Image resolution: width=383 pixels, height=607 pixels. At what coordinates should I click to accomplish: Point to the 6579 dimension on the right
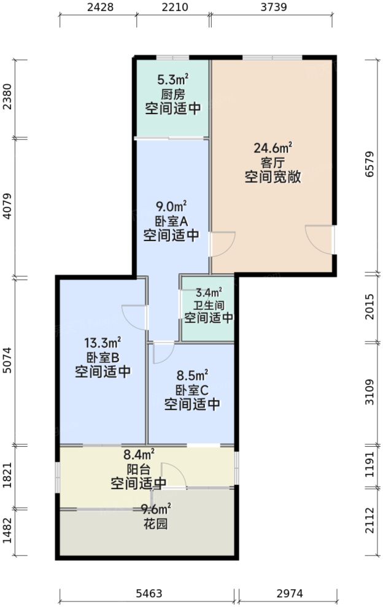click(369, 166)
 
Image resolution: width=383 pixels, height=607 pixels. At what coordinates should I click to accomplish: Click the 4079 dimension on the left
click(7, 207)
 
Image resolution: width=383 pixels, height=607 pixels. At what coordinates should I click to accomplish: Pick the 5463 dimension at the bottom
click(148, 593)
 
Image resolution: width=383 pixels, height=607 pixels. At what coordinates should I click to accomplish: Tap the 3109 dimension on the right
click(369, 392)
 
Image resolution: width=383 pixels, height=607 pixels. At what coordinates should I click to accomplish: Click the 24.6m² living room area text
click(273, 148)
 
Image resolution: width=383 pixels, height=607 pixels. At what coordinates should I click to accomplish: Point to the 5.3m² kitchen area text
click(173, 79)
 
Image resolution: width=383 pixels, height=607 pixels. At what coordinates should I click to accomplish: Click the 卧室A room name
click(171, 221)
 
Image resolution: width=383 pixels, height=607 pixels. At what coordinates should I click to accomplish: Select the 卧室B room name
click(103, 358)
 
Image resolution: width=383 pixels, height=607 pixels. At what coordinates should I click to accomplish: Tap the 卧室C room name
click(192, 390)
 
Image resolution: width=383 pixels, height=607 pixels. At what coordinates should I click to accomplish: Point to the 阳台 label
click(138, 470)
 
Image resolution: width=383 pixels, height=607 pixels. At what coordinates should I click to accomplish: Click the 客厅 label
click(273, 163)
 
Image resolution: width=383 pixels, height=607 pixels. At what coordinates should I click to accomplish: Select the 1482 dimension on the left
click(7, 533)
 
